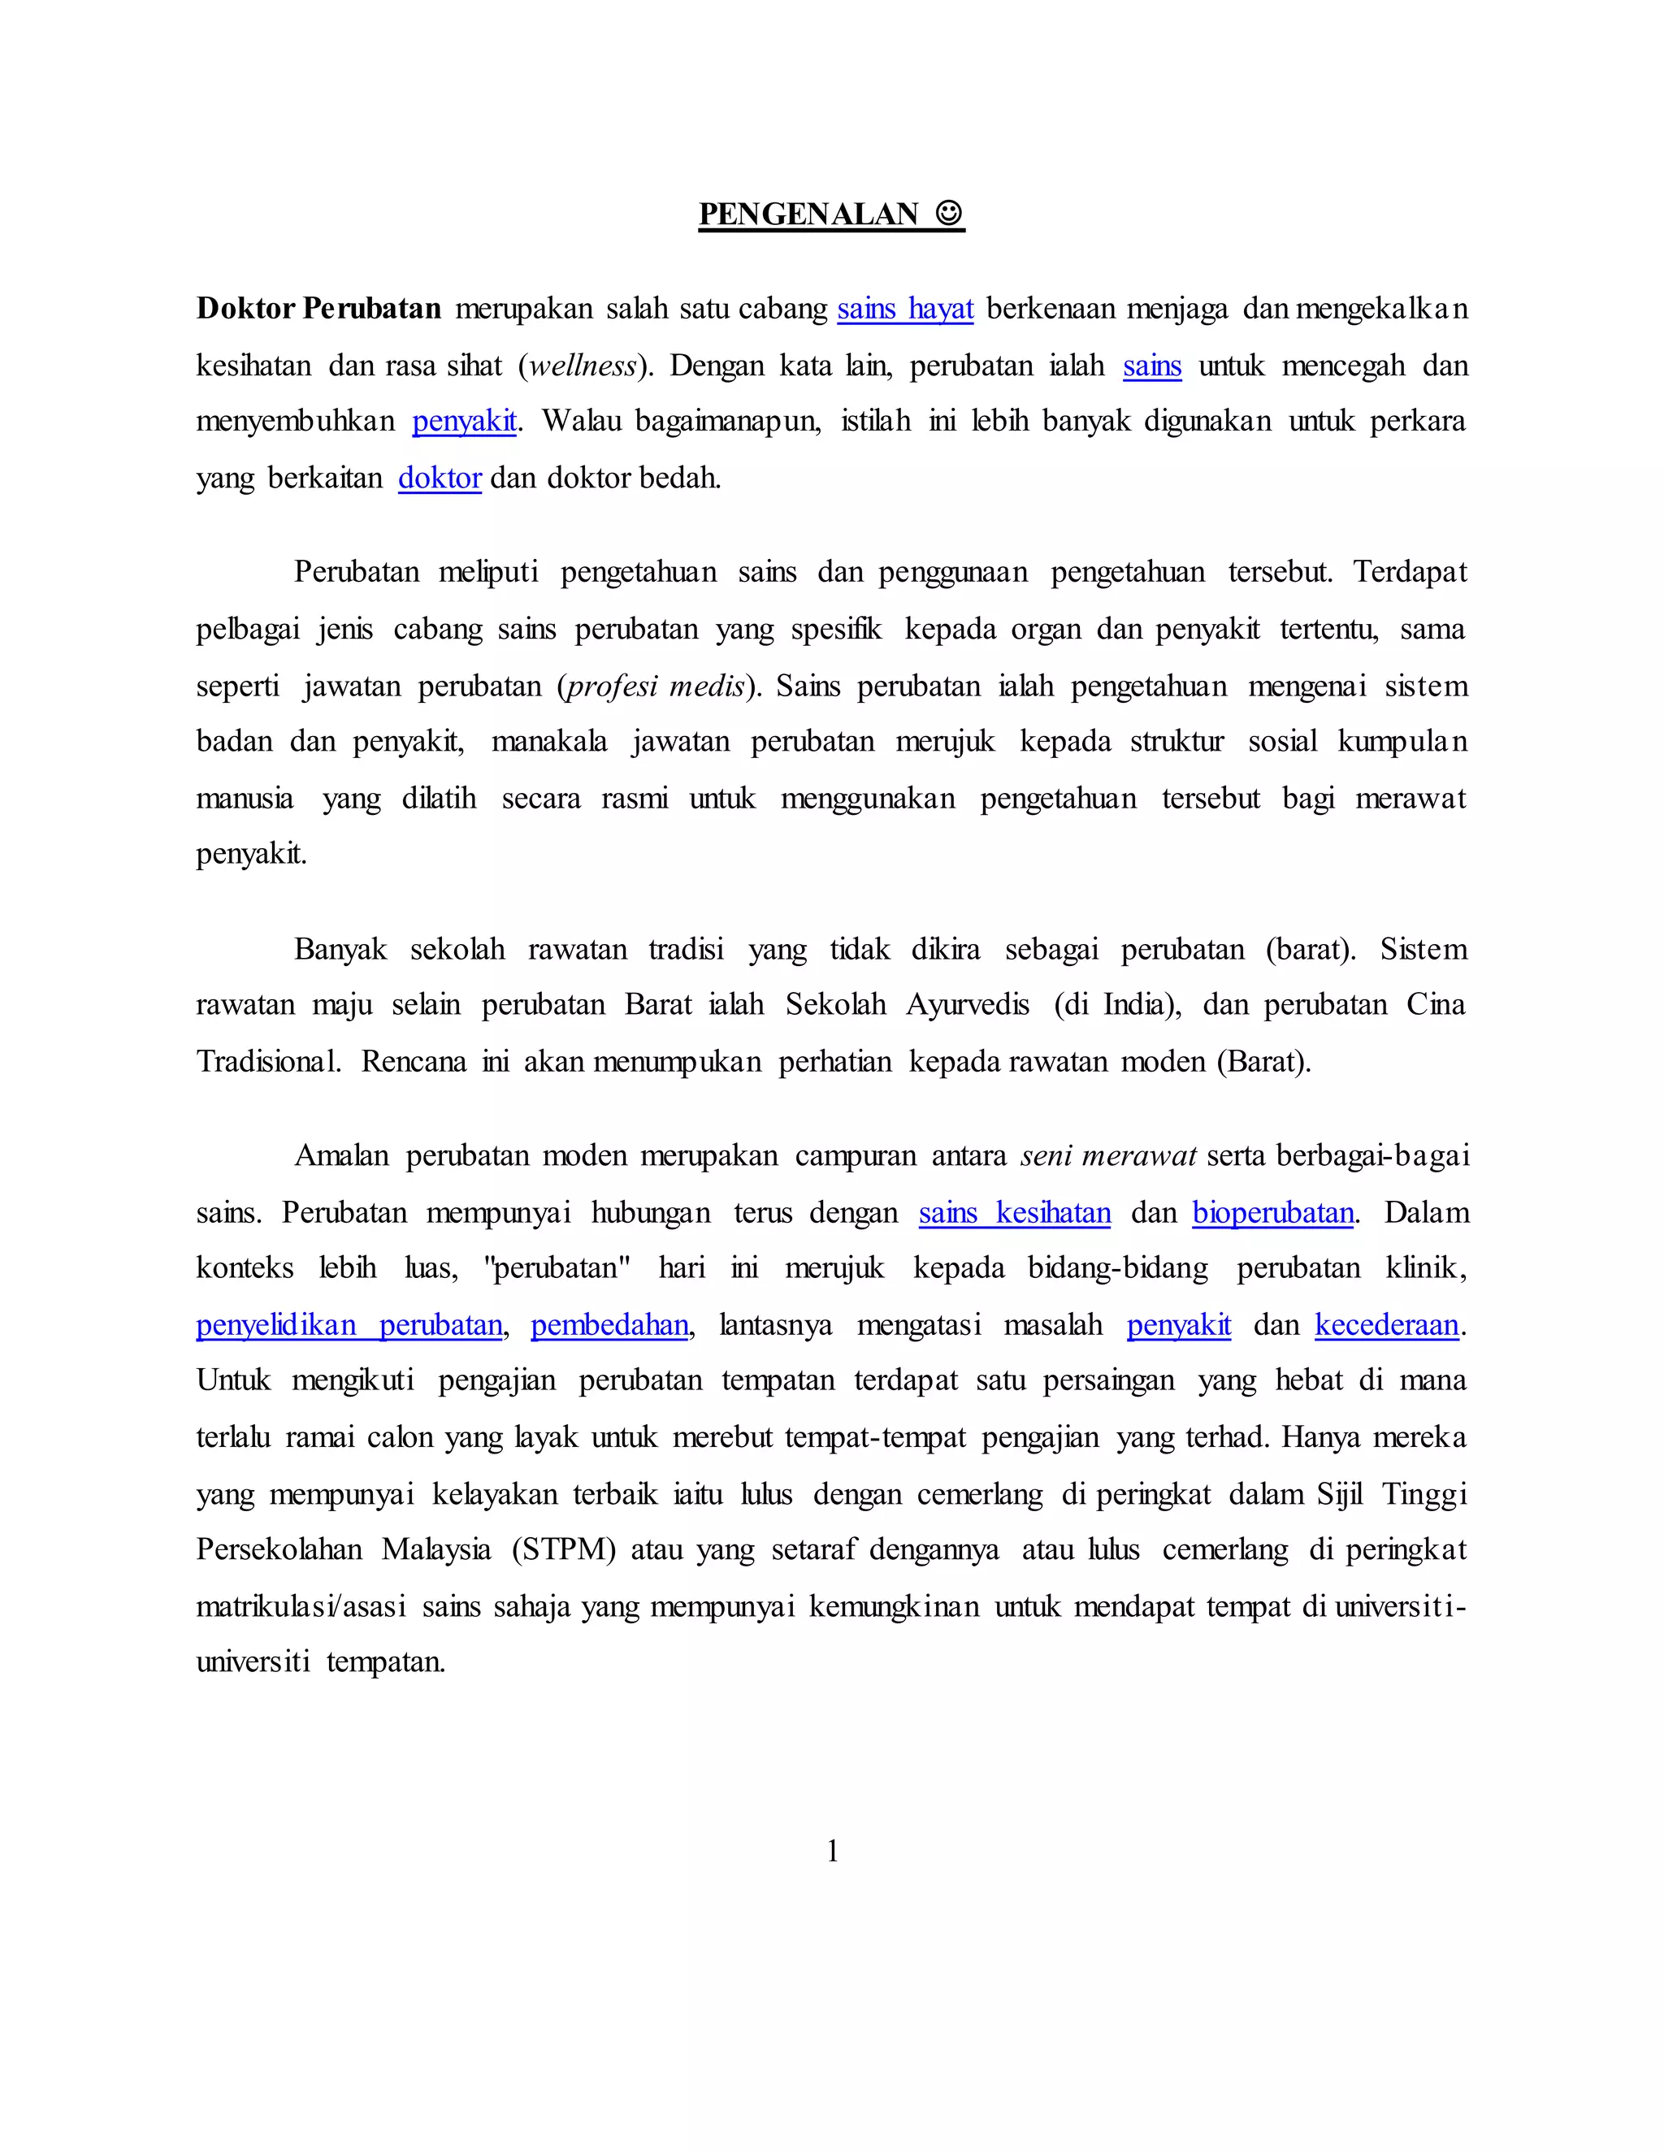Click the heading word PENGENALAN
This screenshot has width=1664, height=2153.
pos(808,214)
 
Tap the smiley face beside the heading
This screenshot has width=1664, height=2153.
pos(948,213)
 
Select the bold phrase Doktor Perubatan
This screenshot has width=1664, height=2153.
pos(318,309)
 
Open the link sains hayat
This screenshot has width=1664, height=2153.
pos(905,310)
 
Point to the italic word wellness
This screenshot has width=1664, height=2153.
pos(583,366)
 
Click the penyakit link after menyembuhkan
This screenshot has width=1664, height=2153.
pos(464,422)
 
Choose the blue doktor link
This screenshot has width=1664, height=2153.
pos(440,478)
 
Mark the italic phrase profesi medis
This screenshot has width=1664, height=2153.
pos(656,687)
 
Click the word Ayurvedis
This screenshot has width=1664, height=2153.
pos(967,1004)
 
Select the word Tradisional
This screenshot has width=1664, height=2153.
pos(267,1062)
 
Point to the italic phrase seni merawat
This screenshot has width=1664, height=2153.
pos(1109,1155)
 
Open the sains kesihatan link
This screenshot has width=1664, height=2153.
pos(1014,1212)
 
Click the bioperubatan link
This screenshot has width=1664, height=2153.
pos(1272,1212)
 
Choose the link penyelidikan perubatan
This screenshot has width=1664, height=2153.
pos(349,1325)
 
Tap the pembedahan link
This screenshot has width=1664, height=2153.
pos(609,1325)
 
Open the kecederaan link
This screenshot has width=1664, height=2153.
pos(1386,1325)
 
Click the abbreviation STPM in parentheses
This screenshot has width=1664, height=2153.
pos(564,1549)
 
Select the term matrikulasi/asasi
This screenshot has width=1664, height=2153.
pos(301,1607)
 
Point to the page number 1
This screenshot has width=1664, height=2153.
pos(832,1852)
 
